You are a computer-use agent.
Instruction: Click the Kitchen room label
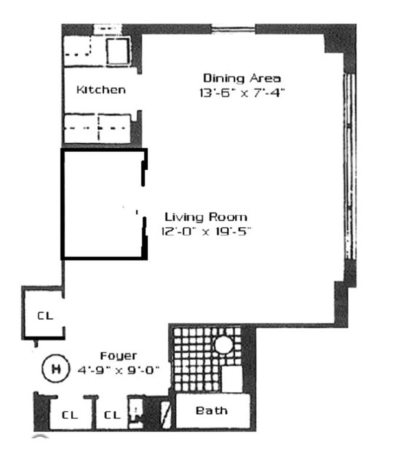coord(101,90)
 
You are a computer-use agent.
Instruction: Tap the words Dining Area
coord(242,78)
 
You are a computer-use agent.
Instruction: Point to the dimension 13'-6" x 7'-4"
coord(242,92)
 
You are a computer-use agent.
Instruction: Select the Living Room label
coord(205,217)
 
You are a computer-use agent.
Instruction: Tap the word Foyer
coord(118,356)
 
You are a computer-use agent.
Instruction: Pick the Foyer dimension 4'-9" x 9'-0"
coord(118,370)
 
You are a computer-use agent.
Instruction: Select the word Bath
coord(211,411)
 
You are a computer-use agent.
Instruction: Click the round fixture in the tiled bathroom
coord(223,345)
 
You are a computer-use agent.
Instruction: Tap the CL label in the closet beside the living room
coord(45,316)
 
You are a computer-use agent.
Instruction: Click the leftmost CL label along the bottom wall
coord(70,415)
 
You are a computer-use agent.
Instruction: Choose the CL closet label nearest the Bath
coord(113,415)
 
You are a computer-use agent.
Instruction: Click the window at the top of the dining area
coord(234,28)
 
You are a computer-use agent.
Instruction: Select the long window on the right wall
coord(350,167)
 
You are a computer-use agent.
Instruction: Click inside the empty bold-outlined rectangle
coord(102,204)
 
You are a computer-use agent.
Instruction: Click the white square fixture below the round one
coord(231,379)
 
